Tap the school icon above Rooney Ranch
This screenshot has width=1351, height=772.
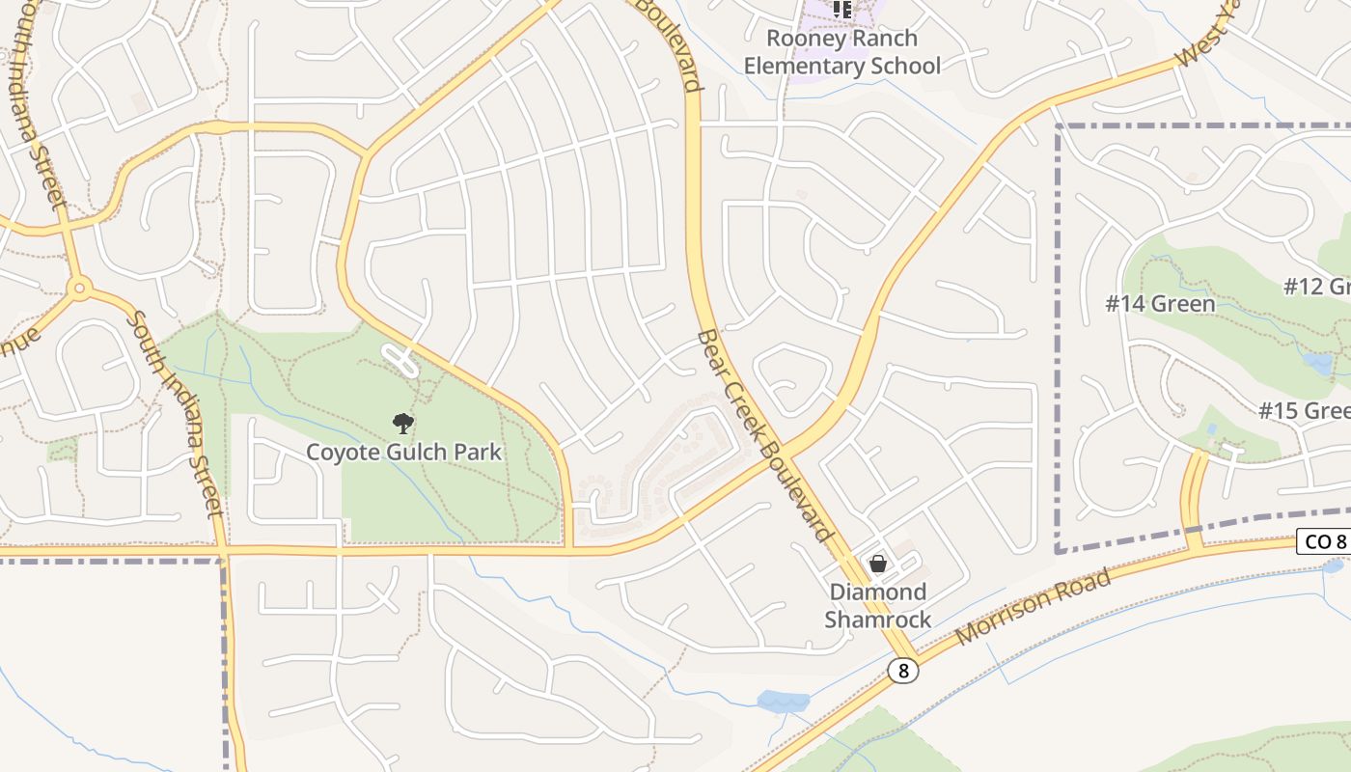pyautogui.click(x=842, y=10)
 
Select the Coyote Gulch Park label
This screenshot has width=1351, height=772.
pyautogui.click(x=404, y=452)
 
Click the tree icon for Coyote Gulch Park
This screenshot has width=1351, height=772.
pyautogui.click(x=402, y=423)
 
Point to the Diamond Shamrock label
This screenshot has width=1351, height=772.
pyautogui.click(x=877, y=605)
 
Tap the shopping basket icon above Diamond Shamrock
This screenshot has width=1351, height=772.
pyautogui.click(x=878, y=564)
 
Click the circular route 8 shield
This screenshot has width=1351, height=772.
pyautogui.click(x=902, y=671)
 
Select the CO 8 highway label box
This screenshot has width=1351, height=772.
pyautogui.click(x=1324, y=541)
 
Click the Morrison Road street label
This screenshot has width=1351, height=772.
pyautogui.click(x=1033, y=609)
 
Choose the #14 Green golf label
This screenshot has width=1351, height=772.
pyautogui.click(x=1160, y=304)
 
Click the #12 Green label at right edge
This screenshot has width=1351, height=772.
pyautogui.click(x=1317, y=287)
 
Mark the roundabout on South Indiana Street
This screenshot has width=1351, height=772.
pyautogui.click(x=79, y=287)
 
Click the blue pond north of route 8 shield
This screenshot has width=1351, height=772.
pyautogui.click(x=783, y=702)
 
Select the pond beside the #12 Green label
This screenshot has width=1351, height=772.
pyautogui.click(x=1317, y=362)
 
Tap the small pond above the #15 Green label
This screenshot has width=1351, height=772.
pyautogui.click(x=1211, y=429)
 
